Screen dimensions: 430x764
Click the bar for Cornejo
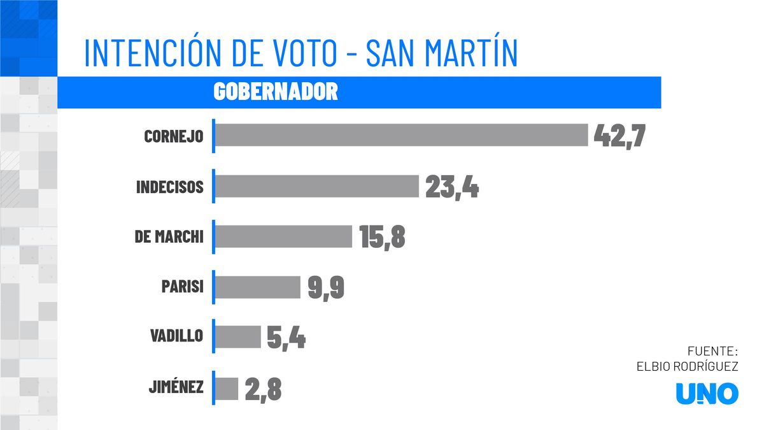point(401,135)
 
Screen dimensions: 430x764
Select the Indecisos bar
point(316,186)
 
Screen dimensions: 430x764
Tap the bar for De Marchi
point(283,236)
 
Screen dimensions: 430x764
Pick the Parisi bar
point(257,287)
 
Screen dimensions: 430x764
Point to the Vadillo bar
point(237,338)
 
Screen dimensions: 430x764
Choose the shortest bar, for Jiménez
point(226,389)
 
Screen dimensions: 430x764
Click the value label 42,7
point(619,135)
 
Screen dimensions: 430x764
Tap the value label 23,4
point(451,186)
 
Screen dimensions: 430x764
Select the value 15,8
point(382,236)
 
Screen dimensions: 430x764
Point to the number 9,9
point(326,287)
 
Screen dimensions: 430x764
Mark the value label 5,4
point(286,338)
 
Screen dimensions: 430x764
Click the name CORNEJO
point(174,136)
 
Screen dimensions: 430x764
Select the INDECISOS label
point(169,187)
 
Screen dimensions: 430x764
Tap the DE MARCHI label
point(169,237)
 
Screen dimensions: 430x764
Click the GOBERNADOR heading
point(275,92)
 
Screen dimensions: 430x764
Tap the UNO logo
point(707,394)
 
